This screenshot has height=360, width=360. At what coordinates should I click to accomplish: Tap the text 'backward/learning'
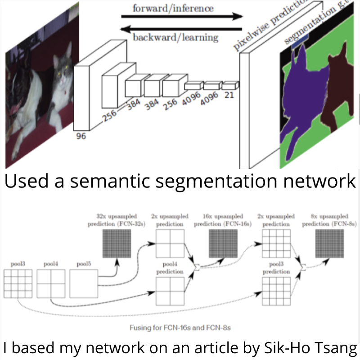click(175, 37)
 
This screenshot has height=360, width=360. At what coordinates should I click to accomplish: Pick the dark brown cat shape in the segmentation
click(337, 86)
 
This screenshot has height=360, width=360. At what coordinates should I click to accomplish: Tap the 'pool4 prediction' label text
click(170, 269)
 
